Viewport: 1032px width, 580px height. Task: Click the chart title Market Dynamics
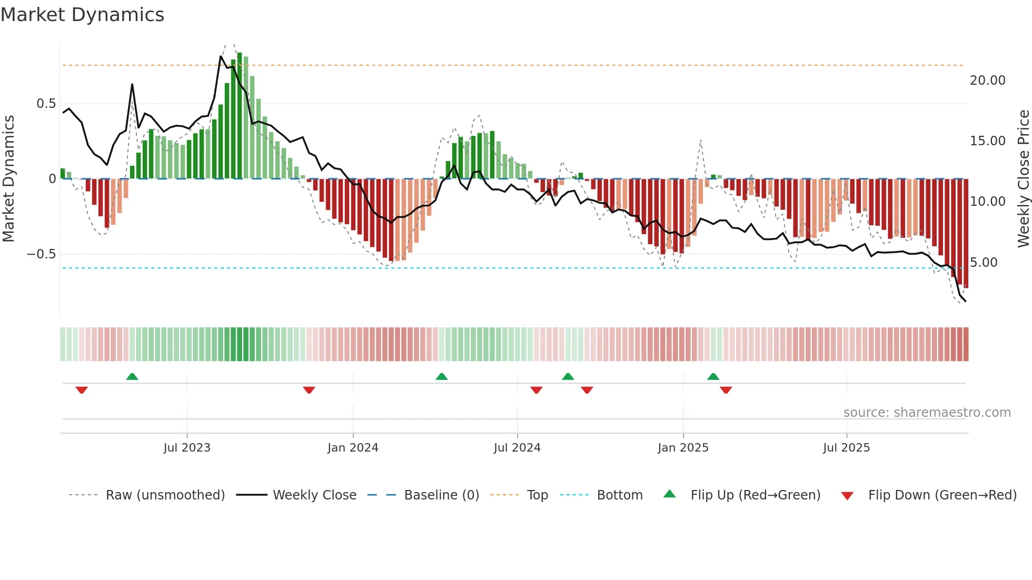click(82, 15)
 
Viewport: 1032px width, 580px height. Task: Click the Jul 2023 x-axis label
click(186, 448)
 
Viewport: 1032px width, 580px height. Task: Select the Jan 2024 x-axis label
click(353, 448)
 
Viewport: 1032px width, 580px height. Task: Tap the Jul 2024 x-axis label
click(517, 448)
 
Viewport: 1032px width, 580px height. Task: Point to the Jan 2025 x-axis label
click(683, 448)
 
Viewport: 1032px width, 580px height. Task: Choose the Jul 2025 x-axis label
click(846, 448)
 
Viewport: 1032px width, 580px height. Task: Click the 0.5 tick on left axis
click(46, 104)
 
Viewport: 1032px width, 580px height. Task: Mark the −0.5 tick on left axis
click(41, 254)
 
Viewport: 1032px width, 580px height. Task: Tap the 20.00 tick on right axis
click(987, 81)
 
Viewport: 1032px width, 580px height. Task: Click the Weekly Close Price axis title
click(1023, 178)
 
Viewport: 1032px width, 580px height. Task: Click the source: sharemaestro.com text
click(927, 413)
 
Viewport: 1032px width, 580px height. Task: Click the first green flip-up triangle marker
click(132, 376)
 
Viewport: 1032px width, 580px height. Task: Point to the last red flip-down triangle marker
click(726, 390)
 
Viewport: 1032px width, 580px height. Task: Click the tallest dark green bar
click(240, 116)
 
